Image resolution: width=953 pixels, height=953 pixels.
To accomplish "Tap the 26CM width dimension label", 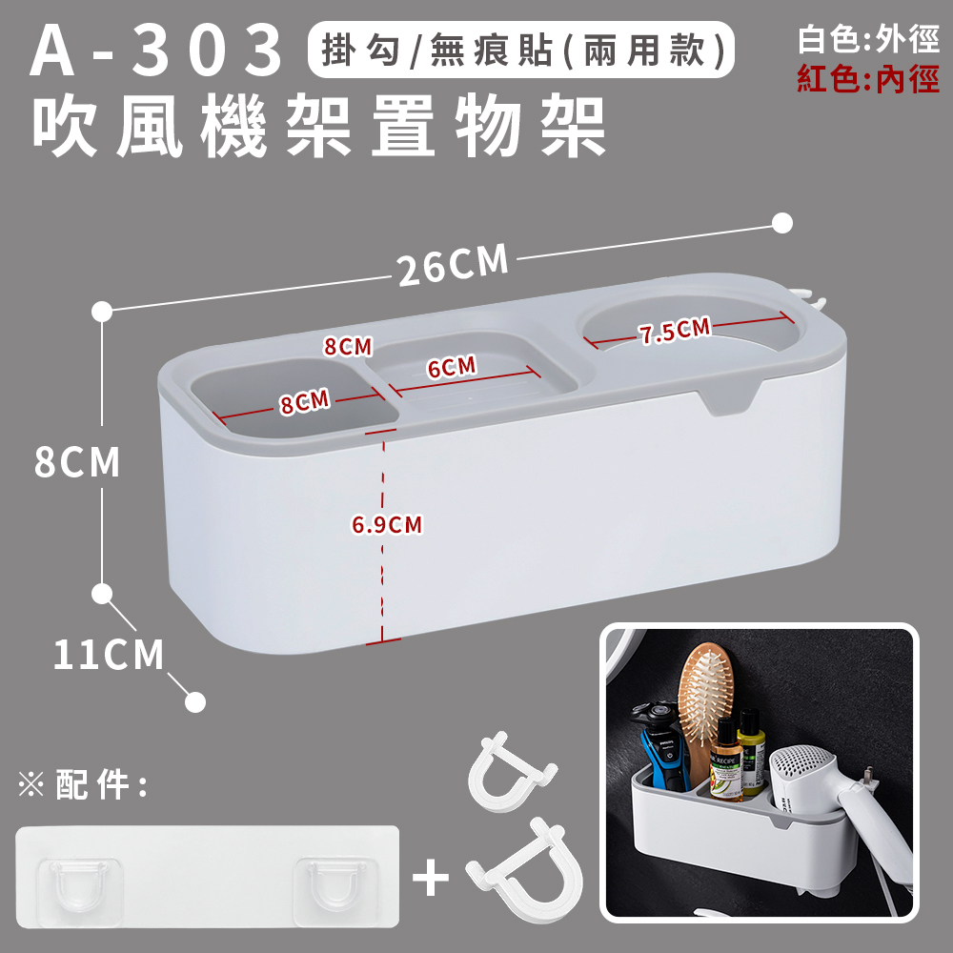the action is click(x=453, y=264).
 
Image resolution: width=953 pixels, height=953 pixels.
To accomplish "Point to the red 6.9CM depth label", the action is click(x=387, y=524).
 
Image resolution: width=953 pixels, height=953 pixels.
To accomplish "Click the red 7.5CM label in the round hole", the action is click(x=675, y=330).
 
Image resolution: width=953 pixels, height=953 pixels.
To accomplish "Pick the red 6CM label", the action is click(x=452, y=367).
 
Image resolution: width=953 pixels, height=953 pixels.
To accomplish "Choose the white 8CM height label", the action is click(x=77, y=462).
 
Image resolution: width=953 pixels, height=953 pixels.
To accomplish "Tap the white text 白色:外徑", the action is click(x=868, y=39).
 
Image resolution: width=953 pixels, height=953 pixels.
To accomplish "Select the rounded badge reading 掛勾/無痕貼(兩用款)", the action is click(x=521, y=50).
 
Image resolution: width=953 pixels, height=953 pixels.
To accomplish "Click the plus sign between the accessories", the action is click(x=431, y=878).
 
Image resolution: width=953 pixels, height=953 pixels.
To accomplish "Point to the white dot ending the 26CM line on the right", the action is click(x=782, y=223).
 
